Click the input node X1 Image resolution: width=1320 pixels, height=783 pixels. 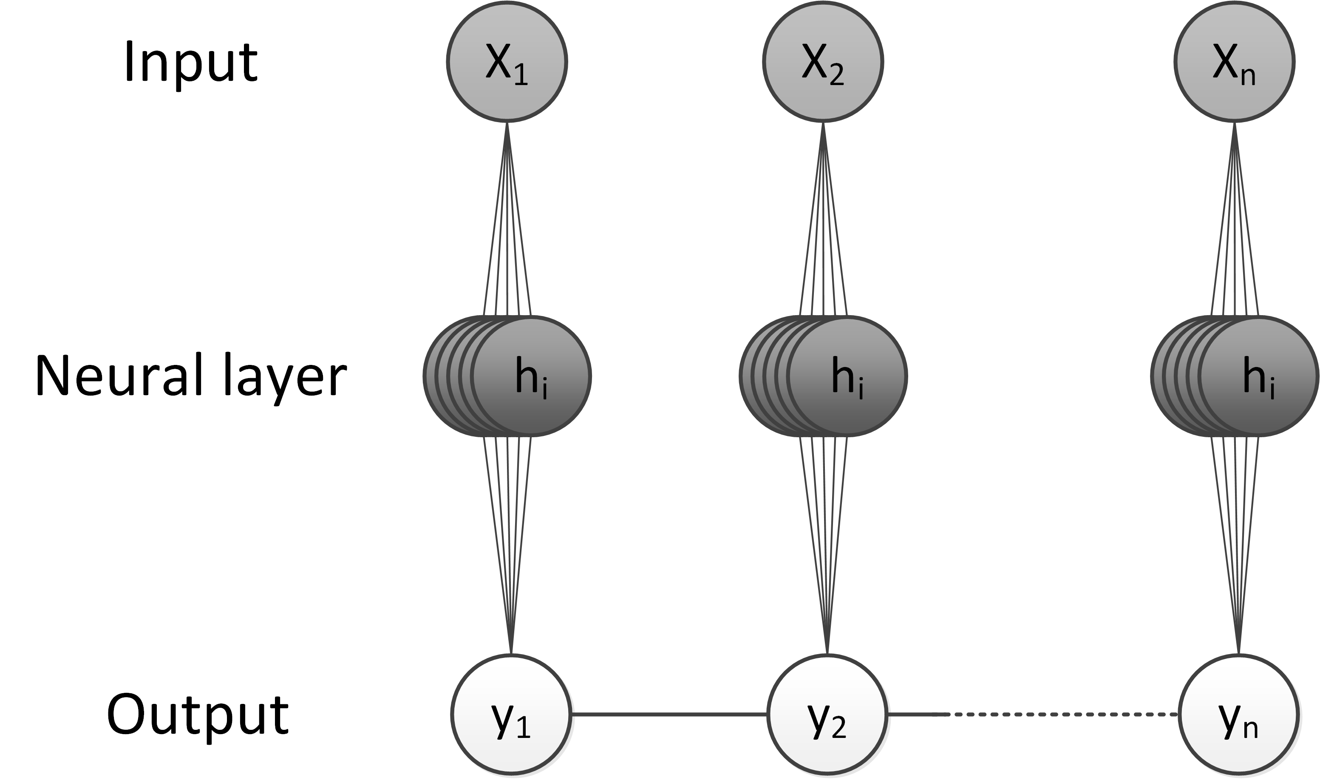pos(507,62)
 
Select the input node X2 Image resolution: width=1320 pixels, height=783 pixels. pos(823,62)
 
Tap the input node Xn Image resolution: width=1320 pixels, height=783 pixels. pos(1234,62)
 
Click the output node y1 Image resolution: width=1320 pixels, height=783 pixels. pos(511,715)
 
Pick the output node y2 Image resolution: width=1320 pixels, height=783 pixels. pos(827,715)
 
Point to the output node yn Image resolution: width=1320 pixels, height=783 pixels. pos(1238,715)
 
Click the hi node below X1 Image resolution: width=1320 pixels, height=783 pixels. pos(531,376)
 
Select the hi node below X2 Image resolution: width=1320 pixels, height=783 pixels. pos(847,376)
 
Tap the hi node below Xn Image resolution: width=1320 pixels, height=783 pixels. pos(1258,376)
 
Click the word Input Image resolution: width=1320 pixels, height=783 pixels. pos(190,63)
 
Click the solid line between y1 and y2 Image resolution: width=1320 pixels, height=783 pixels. pos(668,715)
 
